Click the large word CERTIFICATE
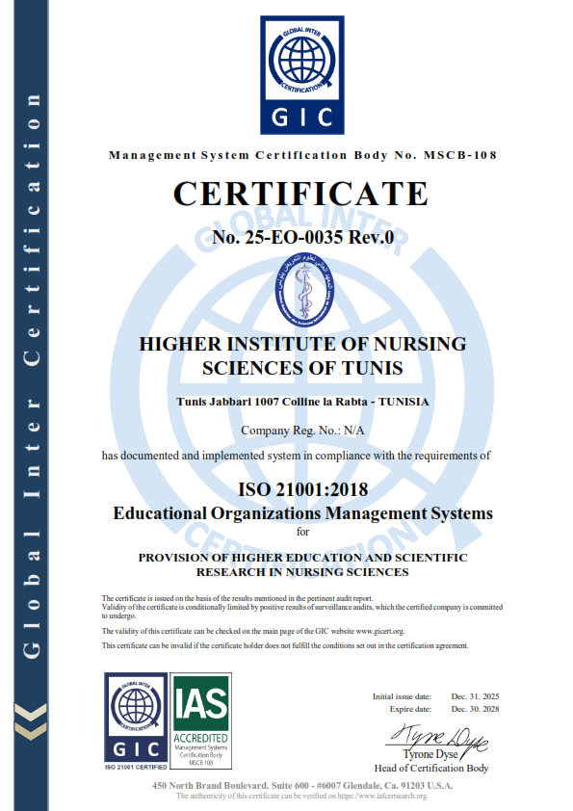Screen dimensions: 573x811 point(300,194)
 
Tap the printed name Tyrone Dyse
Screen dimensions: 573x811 point(430,754)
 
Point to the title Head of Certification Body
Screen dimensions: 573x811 point(431,768)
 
